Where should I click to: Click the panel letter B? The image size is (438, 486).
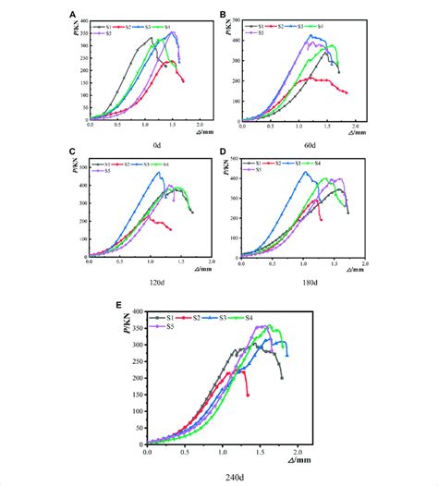coord(224,14)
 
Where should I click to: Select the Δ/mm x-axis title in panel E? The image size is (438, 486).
coord(304,459)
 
